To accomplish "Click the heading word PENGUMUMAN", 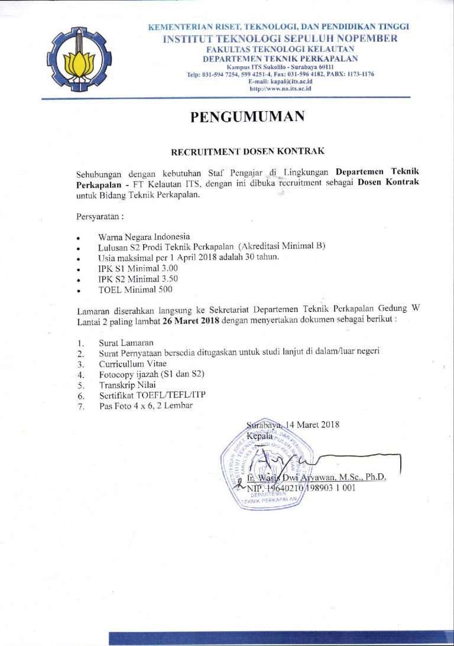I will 247,117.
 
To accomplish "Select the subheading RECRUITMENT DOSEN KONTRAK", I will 248,152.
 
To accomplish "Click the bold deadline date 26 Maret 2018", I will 191,321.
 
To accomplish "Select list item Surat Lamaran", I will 126,342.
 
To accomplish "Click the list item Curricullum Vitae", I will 132,363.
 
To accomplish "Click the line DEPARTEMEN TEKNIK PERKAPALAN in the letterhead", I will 280,59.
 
